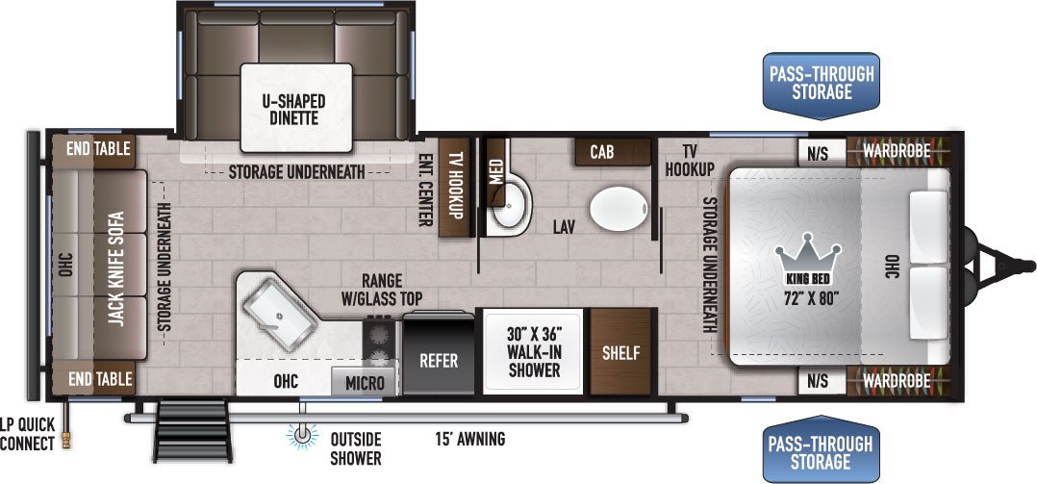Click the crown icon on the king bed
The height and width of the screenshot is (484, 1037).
pyautogui.click(x=807, y=253)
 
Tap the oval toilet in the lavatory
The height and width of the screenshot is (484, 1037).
pyautogui.click(x=620, y=208)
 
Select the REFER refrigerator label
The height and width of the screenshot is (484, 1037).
pyautogui.click(x=439, y=361)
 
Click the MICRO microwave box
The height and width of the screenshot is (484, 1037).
pyautogui.click(x=365, y=381)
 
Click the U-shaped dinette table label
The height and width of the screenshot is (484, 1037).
pyautogui.click(x=296, y=110)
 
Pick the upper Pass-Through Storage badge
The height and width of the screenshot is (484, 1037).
pyautogui.click(x=821, y=85)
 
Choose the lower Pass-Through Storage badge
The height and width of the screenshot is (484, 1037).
pyautogui.click(x=821, y=449)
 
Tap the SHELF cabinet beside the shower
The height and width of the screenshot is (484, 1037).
pyautogui.click(x=620, y=352)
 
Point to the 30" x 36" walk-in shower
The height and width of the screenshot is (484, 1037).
pyautogui.click(x=534, y=352)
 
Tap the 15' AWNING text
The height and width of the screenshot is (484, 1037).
pyautogui.click(x=470, y=439)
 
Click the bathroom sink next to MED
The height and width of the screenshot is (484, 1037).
pyautogui.click(x=509, y=202)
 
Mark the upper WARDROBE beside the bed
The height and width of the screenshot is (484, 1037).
pyautogui.click(x=898, y=152)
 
